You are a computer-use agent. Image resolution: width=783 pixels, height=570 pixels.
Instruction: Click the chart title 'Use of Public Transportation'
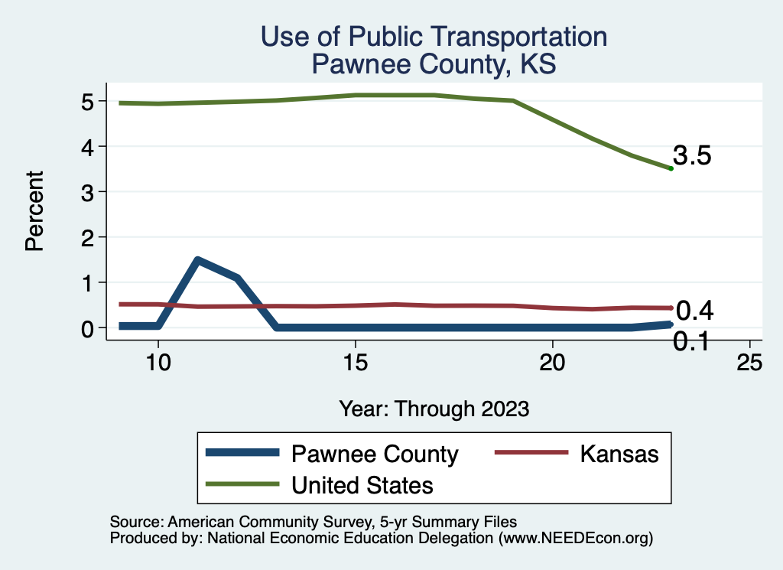(x=434, y=37)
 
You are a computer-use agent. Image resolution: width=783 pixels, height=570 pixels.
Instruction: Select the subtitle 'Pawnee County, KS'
(x=434, y=64)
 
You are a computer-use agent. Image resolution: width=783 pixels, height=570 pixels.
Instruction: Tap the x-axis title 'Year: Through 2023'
(x=434, y=409)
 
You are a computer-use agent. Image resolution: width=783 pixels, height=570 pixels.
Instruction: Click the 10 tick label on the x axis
(x=158, y=362)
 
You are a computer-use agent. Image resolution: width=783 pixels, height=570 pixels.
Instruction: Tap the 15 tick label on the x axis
(x=355, y=362)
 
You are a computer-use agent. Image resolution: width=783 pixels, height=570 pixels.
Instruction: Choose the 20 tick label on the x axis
(x=552, y=362)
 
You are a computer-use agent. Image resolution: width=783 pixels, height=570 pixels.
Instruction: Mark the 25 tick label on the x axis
(x=749, y=362)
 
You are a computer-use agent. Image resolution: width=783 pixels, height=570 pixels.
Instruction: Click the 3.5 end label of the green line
(x=693, y=156)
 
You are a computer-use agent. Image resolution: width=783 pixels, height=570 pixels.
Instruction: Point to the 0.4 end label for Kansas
(x=695, y=310)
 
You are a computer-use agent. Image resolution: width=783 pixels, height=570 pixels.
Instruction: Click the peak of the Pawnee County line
(x=198, y=261)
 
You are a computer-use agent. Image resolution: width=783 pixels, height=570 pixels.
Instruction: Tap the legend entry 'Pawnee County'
(x=374, y=454)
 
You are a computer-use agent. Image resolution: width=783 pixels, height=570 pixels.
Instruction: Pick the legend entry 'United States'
(x=362, y=484)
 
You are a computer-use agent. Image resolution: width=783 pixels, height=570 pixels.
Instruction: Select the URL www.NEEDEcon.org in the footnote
(x=576, y=538)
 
